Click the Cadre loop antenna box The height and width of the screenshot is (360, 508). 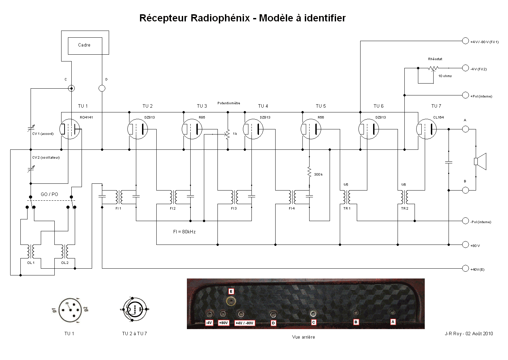click(84, 46)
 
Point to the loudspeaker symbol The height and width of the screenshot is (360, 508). click(480, 161)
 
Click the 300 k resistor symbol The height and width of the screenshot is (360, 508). click(309, 172)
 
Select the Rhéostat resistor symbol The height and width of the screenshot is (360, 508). click(433, 68)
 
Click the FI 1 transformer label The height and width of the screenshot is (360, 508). click(118, 208)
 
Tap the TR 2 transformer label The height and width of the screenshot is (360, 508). click(404, 208)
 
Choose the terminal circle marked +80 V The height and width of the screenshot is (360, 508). click(465, 245)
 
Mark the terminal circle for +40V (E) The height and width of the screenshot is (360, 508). click(465, 269)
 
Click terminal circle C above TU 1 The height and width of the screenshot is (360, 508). click(71, 89)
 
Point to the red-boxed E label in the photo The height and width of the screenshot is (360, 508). click(231, 291)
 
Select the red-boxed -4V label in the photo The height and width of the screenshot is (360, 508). click(209, 323)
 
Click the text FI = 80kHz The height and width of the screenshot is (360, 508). click(185, 232)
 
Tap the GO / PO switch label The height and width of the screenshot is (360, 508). click(49, 194)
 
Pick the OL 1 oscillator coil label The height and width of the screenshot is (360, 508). click(31, 263)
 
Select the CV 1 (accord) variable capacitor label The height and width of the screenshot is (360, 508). click(43, 134)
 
